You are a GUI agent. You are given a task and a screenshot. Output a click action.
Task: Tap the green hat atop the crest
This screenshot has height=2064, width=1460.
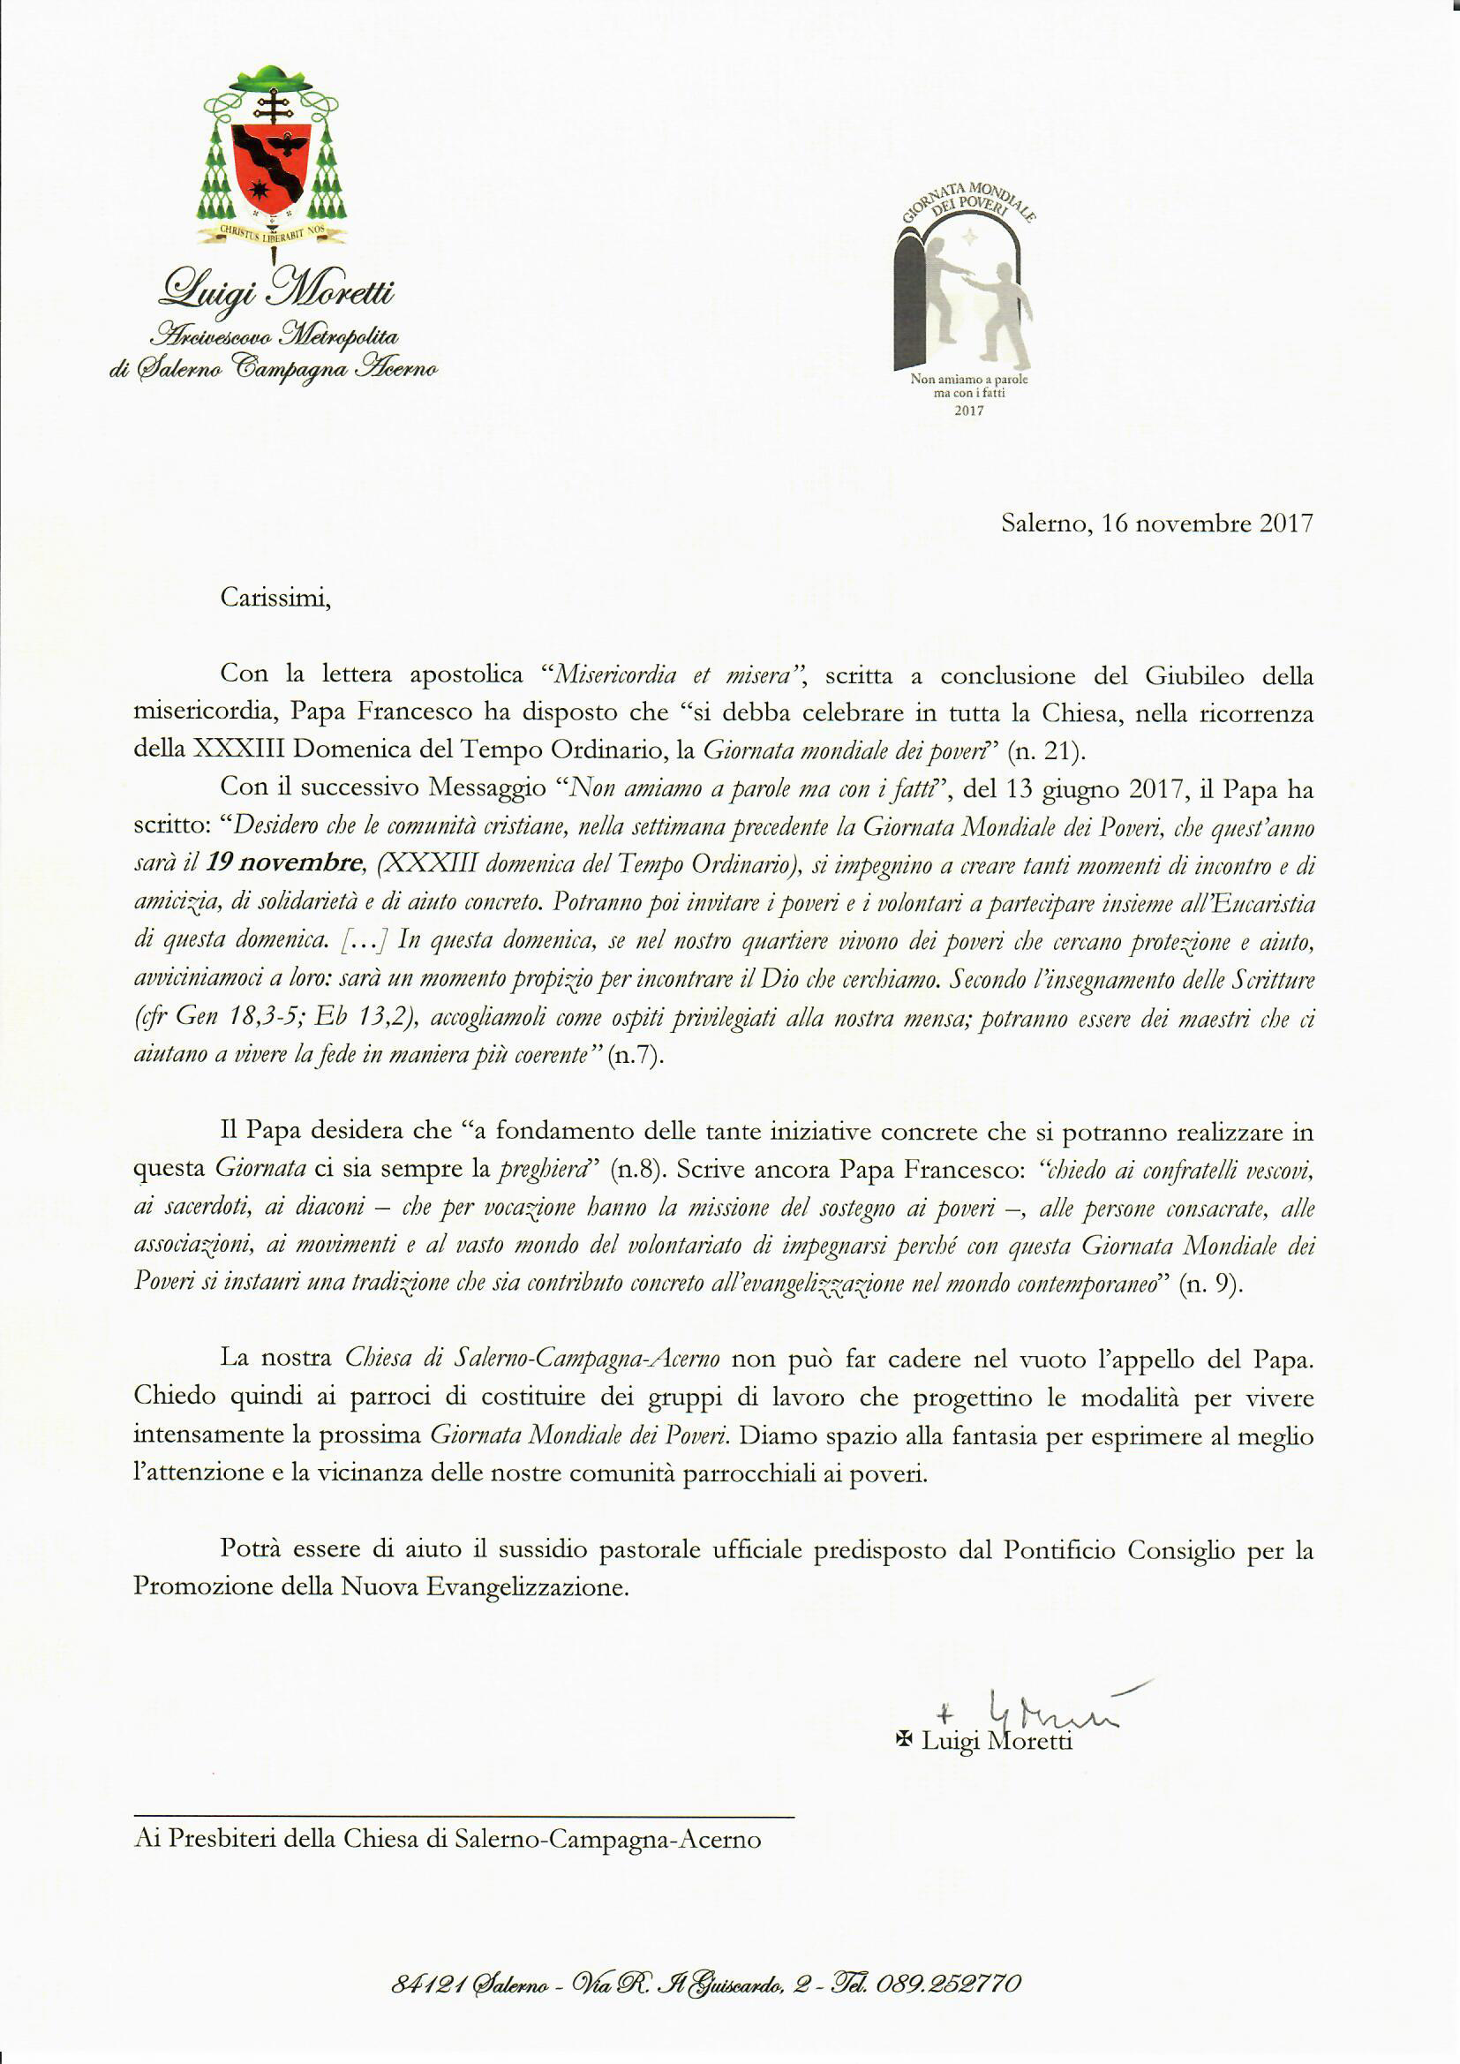[x=270, y=79]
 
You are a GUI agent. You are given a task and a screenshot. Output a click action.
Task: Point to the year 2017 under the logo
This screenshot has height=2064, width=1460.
[x=968, y=411]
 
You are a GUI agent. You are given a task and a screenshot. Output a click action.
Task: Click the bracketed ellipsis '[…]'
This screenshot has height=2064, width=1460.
[x=363, y=940]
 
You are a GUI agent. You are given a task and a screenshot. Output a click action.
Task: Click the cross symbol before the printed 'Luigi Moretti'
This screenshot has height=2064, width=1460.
[x=905, y=1740]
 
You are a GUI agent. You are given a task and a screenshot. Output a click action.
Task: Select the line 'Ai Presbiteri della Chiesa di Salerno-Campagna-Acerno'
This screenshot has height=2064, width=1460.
[x=447, y=1838]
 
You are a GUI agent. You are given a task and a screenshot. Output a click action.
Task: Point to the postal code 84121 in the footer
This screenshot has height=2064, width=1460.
[x=423, y=1983]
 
